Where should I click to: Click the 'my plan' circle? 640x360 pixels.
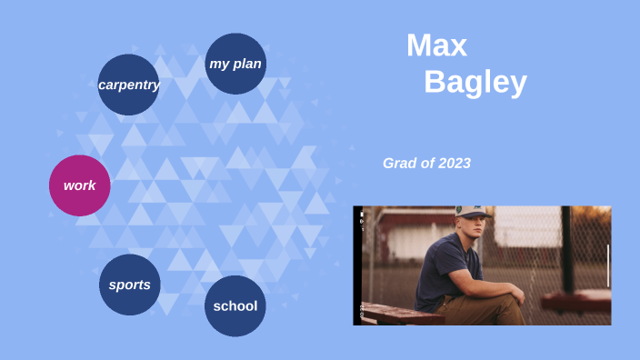pos(235,64)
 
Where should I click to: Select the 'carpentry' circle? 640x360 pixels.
pos(128,85)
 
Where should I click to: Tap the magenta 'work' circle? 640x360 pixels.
pos(79,185)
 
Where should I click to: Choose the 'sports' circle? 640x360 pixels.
pos(129,285)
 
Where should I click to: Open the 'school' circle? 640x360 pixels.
pos(235,305)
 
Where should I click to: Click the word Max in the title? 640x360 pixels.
pos(436,45)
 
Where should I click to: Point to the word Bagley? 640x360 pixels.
pos(475,83)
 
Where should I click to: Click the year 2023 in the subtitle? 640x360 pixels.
pos(454,164)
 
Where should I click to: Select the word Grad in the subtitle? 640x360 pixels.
pos(398,164)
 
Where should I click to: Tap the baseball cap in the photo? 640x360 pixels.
pos(472,213)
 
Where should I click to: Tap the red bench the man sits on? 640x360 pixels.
pos(400,315)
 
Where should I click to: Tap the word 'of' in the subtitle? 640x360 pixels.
pos(426,164)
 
